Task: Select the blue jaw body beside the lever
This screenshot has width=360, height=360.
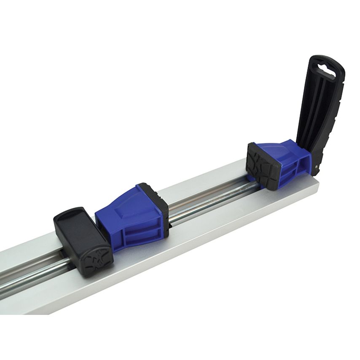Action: point(287,162)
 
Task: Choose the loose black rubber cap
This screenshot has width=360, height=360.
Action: point(82,236)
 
